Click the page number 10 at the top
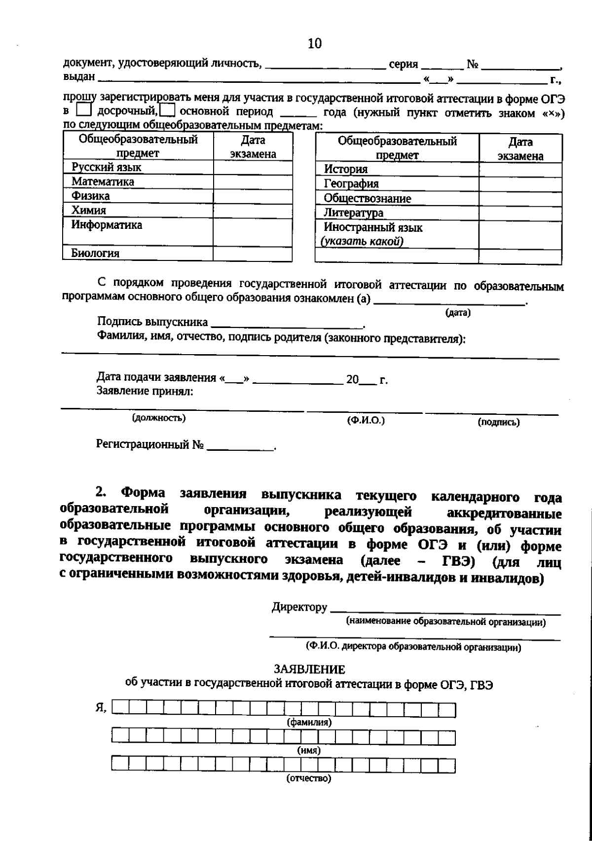pyautogui.click(x=314, y=44)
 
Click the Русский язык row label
pyautogui.click(x=107, y=167)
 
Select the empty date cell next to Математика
pyautogui.click(x=252, y=182)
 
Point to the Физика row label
pyautogui.click(x=90, y=196)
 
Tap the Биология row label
pyautogui.click(x=95, y=254)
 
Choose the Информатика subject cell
pyautogui.click(x=107, y=225)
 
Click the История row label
pyautogui.click(x=346, y=169)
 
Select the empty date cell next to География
pyautogui.click(x=520, y=184)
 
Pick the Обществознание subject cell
pyautogui.click(x=367, y=199)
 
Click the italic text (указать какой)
pyautogui.click(x=362, y=242)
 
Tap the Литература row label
pyautogui.click(x=353, y=213)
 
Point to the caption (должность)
pyautogui.click(x=158, y=418)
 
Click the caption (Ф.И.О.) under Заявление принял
pyautogui.click(x=366, y=420)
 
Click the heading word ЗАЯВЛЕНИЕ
pyautogui.click(x=309, y=669)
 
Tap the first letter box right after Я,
pyautogui.click(x=121, y=709)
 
